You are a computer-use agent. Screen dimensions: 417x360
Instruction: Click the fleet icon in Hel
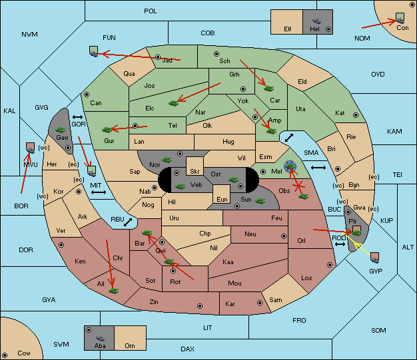pos(316,21)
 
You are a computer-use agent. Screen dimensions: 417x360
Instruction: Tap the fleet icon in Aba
pos(101,337)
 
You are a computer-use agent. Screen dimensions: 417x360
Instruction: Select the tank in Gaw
pos(61,130)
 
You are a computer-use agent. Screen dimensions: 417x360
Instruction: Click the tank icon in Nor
pos(167,160)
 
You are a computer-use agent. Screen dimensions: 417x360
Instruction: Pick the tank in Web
pos(181,186)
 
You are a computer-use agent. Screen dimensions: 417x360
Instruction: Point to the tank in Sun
pos(260,201)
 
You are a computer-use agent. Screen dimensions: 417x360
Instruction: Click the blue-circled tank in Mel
pos(290,166)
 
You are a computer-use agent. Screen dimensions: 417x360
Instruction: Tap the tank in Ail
pos(113,291)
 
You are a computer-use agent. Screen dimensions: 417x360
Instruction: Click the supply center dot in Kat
pos(356,115)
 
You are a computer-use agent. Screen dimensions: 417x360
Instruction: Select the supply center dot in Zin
pos(200,306)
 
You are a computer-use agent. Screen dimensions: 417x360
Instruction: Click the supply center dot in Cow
pos(5,355)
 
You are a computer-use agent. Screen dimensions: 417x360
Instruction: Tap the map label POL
pos(151,11)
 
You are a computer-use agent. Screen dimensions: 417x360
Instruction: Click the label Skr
pos(195,172)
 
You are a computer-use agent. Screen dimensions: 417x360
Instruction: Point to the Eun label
pos(222,199)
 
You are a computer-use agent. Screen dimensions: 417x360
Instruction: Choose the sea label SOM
pos(378,330)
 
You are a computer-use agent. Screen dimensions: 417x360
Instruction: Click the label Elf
pos(288,29)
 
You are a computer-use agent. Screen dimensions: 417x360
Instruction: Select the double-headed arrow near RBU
pos(128,222)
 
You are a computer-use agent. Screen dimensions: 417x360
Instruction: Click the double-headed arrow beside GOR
pos(78,117)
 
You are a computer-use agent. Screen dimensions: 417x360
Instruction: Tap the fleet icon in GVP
pos(375,258)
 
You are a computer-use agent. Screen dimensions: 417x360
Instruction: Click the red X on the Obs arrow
pos(298,186)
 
